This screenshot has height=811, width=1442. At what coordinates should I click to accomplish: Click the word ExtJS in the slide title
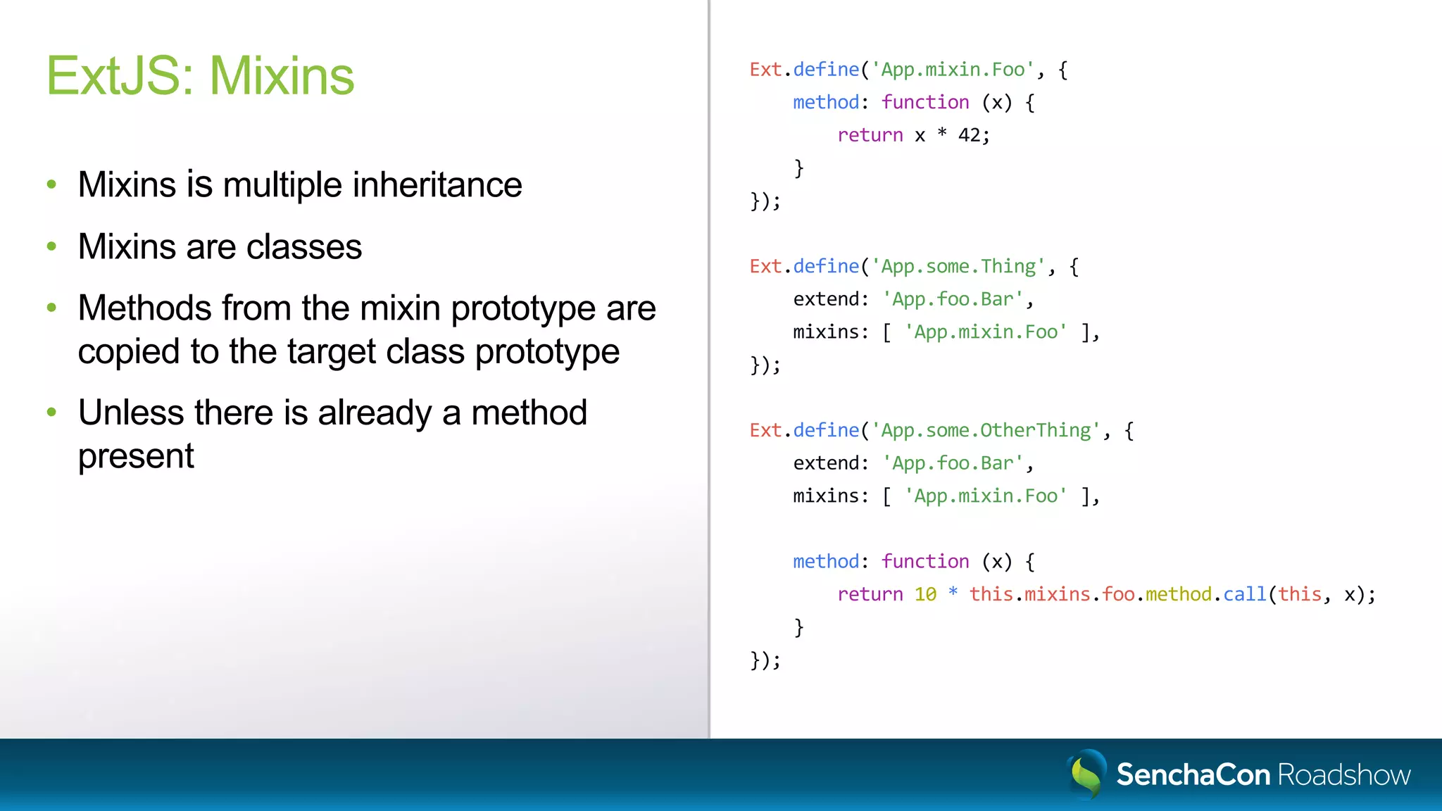click(x=113, y=76)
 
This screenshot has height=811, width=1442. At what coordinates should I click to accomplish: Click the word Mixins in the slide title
click(x=282, y=76)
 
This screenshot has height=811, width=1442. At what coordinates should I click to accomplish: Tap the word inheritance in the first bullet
click(x=437, y=185)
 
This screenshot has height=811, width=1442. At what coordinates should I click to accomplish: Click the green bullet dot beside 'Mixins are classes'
click(x=51, y=246)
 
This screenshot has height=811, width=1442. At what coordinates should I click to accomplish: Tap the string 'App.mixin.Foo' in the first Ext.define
click(x=953, y=70)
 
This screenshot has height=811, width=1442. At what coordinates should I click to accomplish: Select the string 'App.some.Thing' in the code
click(x=958, y=267)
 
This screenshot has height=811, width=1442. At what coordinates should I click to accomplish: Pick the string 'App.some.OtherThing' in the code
click(x=986, y=430)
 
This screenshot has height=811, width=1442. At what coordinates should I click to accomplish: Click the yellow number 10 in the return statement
click(x=925, y=595)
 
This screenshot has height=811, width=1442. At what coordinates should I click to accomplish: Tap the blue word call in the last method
click(x=1244, y=595)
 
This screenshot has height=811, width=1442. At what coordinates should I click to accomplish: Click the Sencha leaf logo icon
click(x=1086, y=774)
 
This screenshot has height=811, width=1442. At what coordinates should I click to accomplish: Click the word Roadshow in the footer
click(x=1343, y=775)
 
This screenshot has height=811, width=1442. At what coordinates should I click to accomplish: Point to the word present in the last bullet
click(x=136, y=457)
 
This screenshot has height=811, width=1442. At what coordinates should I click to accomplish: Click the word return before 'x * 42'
click(x=870, y=135)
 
